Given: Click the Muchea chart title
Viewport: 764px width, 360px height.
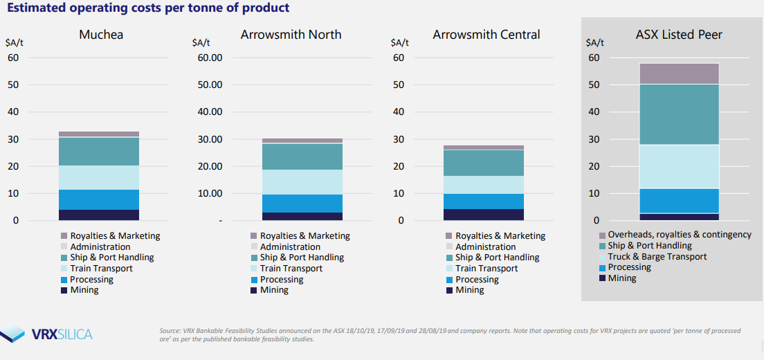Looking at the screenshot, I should click(101, 34).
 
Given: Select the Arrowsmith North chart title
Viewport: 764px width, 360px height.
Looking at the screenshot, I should click(291, 34).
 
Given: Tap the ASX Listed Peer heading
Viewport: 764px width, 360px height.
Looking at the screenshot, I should click(679, 34).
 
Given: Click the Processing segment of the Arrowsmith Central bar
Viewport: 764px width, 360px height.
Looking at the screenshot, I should click(484, 201).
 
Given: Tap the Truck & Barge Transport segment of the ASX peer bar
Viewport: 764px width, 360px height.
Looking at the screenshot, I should click(679, 166).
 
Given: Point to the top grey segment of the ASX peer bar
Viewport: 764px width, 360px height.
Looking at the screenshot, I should click(679, 73).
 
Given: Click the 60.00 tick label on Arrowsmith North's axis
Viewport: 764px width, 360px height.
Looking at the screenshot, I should click(210, 57).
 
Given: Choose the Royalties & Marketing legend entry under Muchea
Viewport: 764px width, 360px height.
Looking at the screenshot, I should click(115, 235).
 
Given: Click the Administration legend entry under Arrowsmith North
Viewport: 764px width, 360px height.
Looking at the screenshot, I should click(290, 246).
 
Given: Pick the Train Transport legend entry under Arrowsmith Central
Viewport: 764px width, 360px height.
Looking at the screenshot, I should click(486, 268).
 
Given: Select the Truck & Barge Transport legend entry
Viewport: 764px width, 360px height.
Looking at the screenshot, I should click(657, 256).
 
